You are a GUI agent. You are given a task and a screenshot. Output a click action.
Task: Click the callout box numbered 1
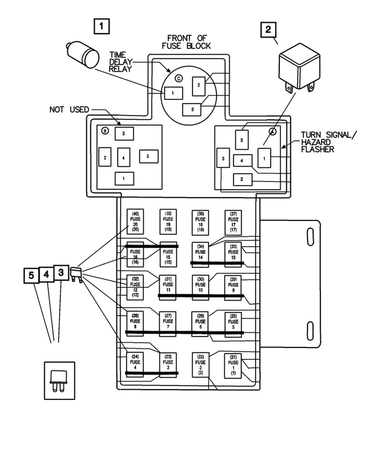click(x=103, y=27)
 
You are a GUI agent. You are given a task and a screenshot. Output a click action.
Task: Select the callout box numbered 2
click(x=269, y=31)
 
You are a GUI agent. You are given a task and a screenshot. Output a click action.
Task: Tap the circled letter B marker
click(x=105, y=131)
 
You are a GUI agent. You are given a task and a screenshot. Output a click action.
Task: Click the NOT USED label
click(x=69, y=110)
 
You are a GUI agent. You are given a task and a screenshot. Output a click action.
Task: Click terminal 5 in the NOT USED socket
click(x=148, y=156)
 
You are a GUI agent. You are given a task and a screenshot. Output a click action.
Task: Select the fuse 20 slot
click(x=136, y=222)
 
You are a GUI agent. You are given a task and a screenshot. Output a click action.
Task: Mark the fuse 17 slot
click(x=233, y=222)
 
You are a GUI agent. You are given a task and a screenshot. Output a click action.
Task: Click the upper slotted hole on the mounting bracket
click(x=312, y=237)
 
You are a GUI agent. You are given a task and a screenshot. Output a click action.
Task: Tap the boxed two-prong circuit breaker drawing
click(x=60, y=381)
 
